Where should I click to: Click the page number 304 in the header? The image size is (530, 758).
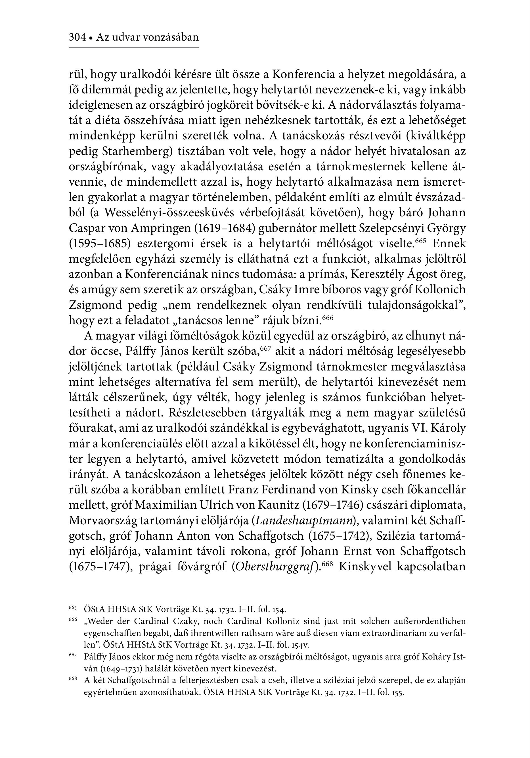click(77, 37)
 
